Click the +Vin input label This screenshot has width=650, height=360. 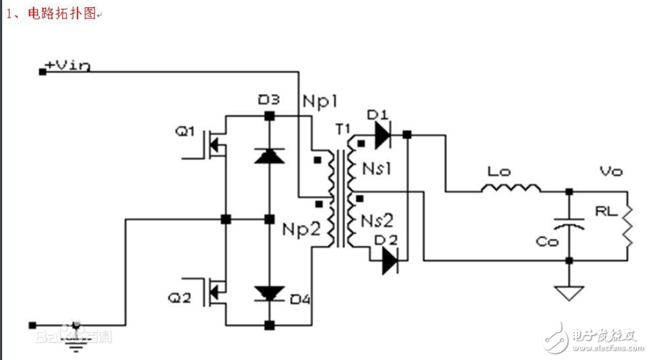point(68,65)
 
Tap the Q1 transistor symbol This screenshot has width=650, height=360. point(213,146)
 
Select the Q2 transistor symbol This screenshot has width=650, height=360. point(213,293)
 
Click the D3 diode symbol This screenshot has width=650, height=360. point(270,155)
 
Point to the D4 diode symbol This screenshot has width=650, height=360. point(270,294)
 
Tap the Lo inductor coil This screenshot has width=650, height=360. point(510,189)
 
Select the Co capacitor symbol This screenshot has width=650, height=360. point(568,225)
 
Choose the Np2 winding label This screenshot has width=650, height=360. point(300,228)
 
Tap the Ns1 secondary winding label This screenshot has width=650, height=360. point(377,169)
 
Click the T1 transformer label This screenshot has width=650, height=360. point(343,129)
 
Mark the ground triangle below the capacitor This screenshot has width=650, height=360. point(568,293)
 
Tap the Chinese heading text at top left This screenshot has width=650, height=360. point(51,14)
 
